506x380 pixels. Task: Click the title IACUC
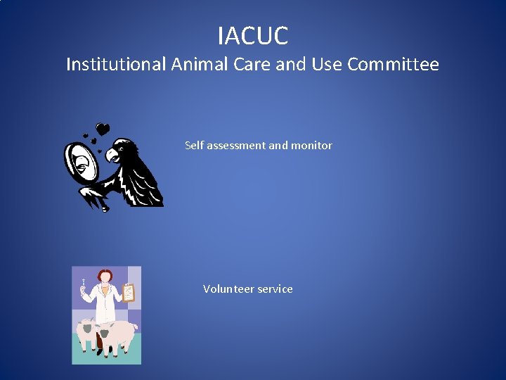point(253,34)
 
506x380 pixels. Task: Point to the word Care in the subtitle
point(247,65)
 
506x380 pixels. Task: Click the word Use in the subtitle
point(325,65)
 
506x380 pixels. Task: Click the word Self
point(193,146)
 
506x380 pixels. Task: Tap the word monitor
point(311,146)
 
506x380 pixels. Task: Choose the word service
point(275,289)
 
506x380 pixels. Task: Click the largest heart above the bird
point(103,129)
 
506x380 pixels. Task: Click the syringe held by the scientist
point(84,286)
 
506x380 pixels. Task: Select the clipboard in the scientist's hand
point(128,292)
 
